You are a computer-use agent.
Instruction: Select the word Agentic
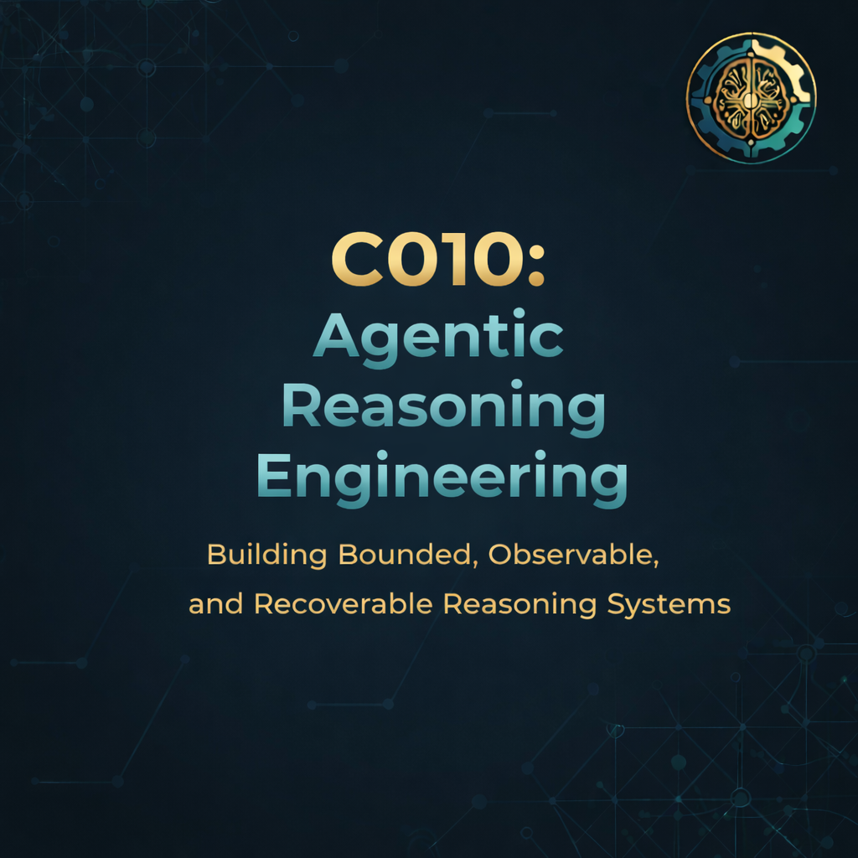point(438,338)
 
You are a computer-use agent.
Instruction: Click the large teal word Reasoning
point(444,408)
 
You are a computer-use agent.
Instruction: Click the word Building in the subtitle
point(267,555)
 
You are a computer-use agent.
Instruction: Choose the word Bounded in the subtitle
point(405,555)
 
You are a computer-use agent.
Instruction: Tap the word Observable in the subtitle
point(570,555)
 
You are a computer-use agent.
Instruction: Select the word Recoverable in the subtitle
point(344,604)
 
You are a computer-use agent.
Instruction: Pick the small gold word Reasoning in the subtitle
point(519,605)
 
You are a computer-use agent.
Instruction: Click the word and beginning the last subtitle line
point(215,604)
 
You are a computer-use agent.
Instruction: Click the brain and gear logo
point(752,98)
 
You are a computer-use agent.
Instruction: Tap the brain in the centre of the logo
point(751,99)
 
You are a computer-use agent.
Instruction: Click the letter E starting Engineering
point(273,476)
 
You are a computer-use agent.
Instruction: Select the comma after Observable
point(655,563)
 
